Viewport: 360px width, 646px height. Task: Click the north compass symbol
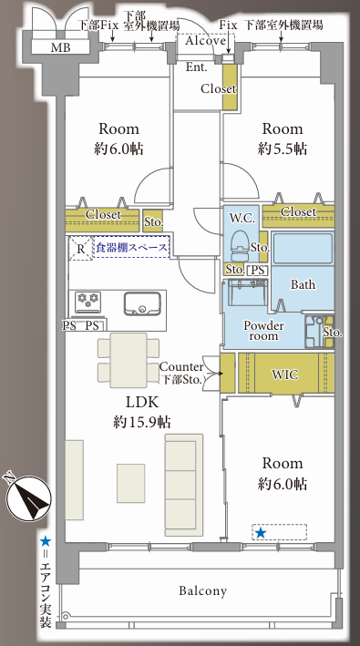pyautogui.click(x=28, y=497)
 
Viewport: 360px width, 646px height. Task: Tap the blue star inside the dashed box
pyautogui.click(x=261, y=533)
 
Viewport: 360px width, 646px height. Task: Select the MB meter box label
pyautogui.click(x=60, y=47)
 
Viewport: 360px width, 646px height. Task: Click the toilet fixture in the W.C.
pyautogui.click(x=239, y=246)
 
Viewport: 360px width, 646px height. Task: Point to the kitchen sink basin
pyautogui.click(x=142, y=303)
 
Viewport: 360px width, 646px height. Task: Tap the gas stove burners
pyautogui.click(x=88, y=302)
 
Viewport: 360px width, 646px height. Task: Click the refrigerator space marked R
pyautogui.click(x=81, y=249)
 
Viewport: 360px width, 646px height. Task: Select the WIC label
pyautogui.click(x=285, y=374)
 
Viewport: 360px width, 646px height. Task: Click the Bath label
pyautogui.click(x=303, y=284)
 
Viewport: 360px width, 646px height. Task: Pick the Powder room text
pyautogui.click(x=263, y=331)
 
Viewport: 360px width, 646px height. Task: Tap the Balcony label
pyautogui.click(x=202, y=591)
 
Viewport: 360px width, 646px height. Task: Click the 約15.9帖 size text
pyautogui.click(x=142, y=422)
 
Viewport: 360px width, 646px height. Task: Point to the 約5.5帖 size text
pyautogui.click(x=283, y=149)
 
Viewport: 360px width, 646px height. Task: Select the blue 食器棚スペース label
pyautogui.click(x=132, y=248)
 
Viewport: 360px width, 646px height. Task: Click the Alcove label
pyautogui.click(x=205, y=40)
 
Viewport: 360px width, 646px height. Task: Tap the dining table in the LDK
pyautogui.click(x=129, y=360)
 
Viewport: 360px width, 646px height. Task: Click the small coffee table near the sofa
pyautogui.click(x=130, y=483)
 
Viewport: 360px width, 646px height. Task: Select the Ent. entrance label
pyautogui.click(x=197, y=67)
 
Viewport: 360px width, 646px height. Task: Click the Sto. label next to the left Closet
pyautogui.click(x=153, y=222)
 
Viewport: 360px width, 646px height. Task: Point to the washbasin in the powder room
pyautogui.click(x=247, y=292)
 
